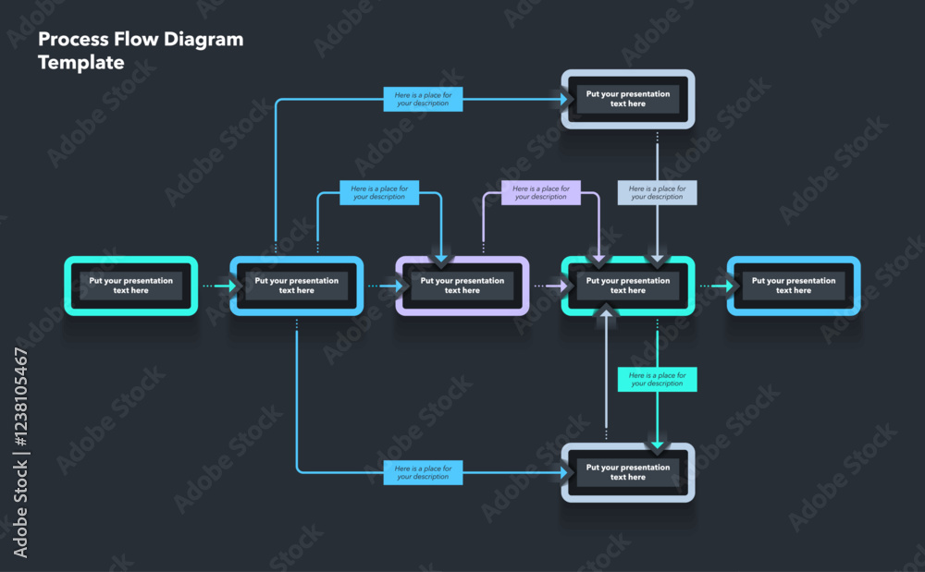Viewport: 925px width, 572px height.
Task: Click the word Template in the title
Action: (80, 63)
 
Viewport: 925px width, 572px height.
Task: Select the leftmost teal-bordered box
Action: (130, 286)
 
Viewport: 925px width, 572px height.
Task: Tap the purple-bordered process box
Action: (462, 286)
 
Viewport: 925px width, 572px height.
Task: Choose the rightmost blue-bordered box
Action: (794, 286)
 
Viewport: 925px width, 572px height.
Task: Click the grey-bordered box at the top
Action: (628, 99)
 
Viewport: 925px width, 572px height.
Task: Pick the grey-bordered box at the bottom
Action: (628, 472)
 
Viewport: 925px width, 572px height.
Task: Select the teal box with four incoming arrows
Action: (628, 286)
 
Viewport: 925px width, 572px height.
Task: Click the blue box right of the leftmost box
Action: (296, 286)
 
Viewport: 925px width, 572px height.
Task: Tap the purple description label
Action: (541, 192)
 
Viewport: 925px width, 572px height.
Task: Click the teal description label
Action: (657, 379)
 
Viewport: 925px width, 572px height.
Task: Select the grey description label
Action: (657, 192)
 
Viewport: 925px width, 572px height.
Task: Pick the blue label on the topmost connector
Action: (423, 99)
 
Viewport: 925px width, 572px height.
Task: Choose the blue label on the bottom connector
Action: (423, 472)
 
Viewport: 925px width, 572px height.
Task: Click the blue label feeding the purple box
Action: (379, 192)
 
